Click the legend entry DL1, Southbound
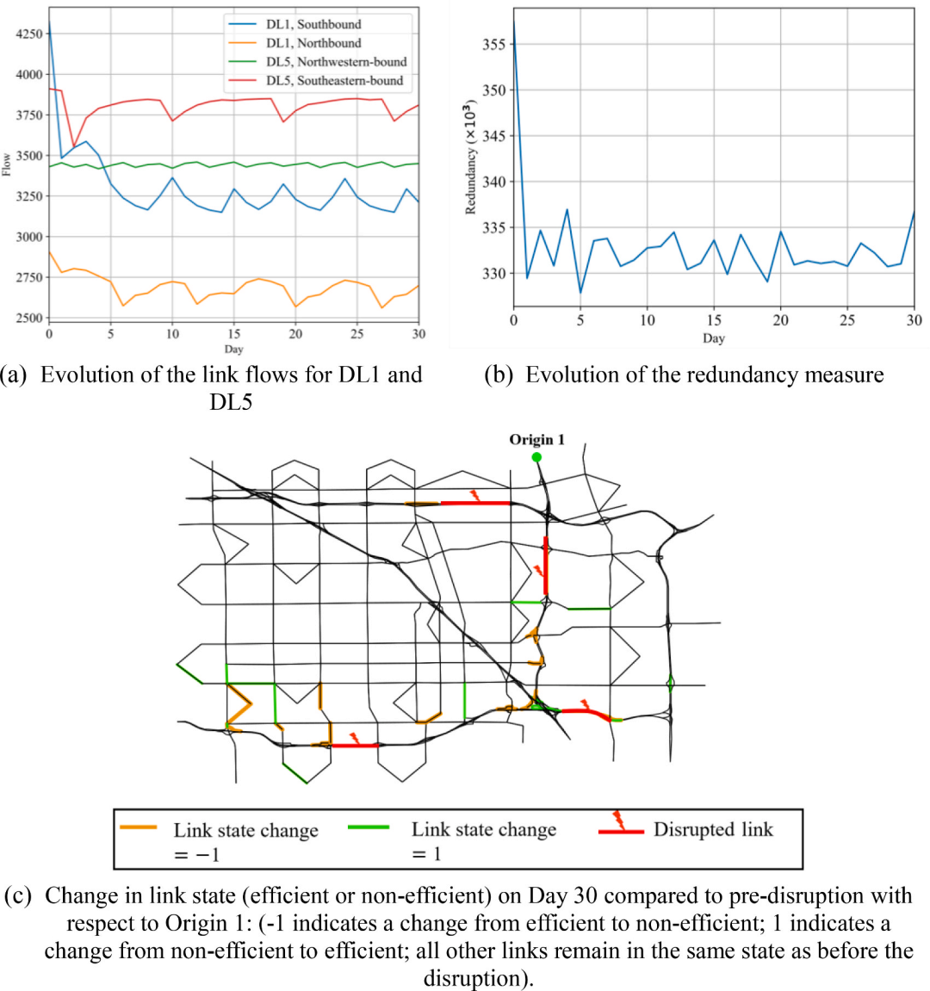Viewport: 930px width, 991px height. click(x=313, y=24)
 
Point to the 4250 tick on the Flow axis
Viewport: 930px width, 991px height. click(x=29, y=34)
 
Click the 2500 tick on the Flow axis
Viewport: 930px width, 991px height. click(x=29, y=318)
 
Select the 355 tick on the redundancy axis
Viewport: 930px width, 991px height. click(x=493, y=44)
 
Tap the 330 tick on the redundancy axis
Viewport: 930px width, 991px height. click(x=493, y=274)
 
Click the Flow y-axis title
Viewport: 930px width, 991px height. click(x=6, y=164)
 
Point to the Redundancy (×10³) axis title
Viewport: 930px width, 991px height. click(x=470, y=158)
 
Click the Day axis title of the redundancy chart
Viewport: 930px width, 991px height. click(x=714, y=338)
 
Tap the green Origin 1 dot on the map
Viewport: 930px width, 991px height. click(x=536, y=457)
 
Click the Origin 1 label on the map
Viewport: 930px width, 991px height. click(x=536, y=439)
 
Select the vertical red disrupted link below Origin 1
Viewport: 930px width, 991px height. click(x=546, y=565)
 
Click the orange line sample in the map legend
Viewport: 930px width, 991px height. click(x=138, y=827)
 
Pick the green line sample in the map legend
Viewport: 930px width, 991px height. click(x=369, y=827)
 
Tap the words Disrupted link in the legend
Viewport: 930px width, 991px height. click(x=713, y=829)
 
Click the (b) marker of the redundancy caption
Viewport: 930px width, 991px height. click(x=499, y=375)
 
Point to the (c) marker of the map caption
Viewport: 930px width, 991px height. click(x=18, y=895)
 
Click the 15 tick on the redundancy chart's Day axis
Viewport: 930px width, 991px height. click(x=714, y=320)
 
